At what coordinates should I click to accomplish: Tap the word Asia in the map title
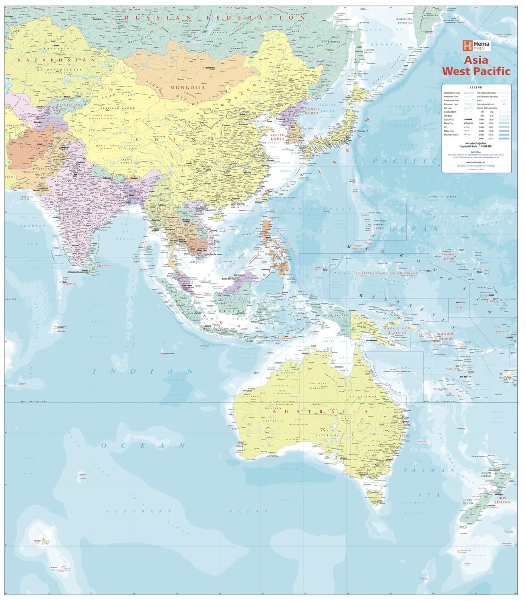click(x=476, y=60)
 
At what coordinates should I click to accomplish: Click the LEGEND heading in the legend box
click(x=476, y=87)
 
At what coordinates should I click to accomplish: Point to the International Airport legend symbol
click(x=505, y=103)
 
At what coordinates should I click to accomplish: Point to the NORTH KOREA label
click(x=311, y=111)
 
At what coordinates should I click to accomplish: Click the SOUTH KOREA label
click(x=277, y=137)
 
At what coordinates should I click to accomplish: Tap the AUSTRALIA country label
click(x=320, y=411)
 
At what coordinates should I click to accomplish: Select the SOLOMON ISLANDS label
click(x=445, y=336)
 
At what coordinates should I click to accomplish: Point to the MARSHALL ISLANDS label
click(x=448, y=256)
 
